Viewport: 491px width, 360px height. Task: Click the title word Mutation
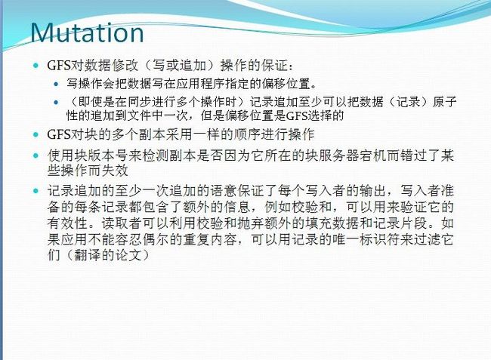(x=88, y=32)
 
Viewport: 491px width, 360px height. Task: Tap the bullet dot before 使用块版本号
(x=36, y=155)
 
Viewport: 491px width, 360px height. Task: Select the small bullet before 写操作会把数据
(x=56, y=84)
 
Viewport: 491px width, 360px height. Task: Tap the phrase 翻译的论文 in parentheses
(x=108, y=256)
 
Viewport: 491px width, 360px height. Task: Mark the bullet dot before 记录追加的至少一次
(x=36, y=191)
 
